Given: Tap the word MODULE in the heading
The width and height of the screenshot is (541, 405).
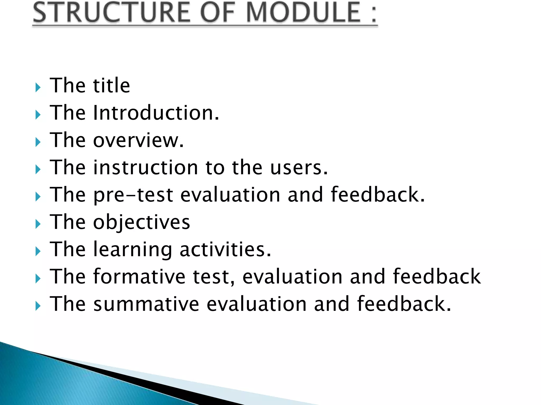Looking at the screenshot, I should click(x=304, y=12).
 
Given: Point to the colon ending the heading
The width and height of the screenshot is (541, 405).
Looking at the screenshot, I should click(x=374, y=15).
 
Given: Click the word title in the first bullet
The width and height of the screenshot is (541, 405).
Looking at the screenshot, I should click(x=111, y=86).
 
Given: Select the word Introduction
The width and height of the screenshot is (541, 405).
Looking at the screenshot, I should click(x=156, y=113).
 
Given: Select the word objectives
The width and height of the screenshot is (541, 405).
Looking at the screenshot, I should click(x=141, y=222).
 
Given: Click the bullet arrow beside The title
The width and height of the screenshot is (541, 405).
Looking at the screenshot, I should click(x=38, y=88).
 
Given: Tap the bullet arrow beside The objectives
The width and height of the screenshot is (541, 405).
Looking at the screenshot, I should click(x=38, y=224).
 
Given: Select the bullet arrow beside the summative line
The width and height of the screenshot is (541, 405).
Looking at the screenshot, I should click(x=38, y=306).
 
